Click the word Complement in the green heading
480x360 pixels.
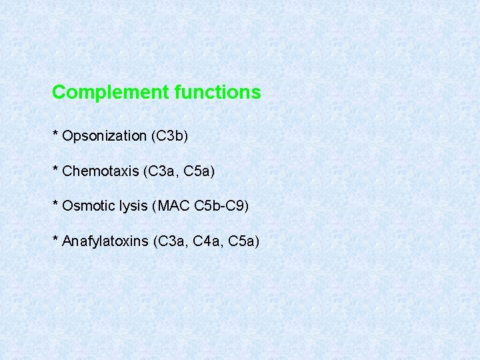tap(111, 92)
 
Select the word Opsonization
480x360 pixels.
tap(104, 136)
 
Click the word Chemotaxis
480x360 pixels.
tap(100, 171)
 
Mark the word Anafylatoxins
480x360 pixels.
tap(105, 241)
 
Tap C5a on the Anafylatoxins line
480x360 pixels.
tap(241, 241)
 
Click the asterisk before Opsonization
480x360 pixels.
tap(55, 134)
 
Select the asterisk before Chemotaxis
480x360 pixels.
tap(55, 169)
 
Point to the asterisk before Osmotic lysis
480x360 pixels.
tap(55, 204)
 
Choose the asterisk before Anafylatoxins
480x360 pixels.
tap(55, 239)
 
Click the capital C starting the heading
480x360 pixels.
tap(58, 92)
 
